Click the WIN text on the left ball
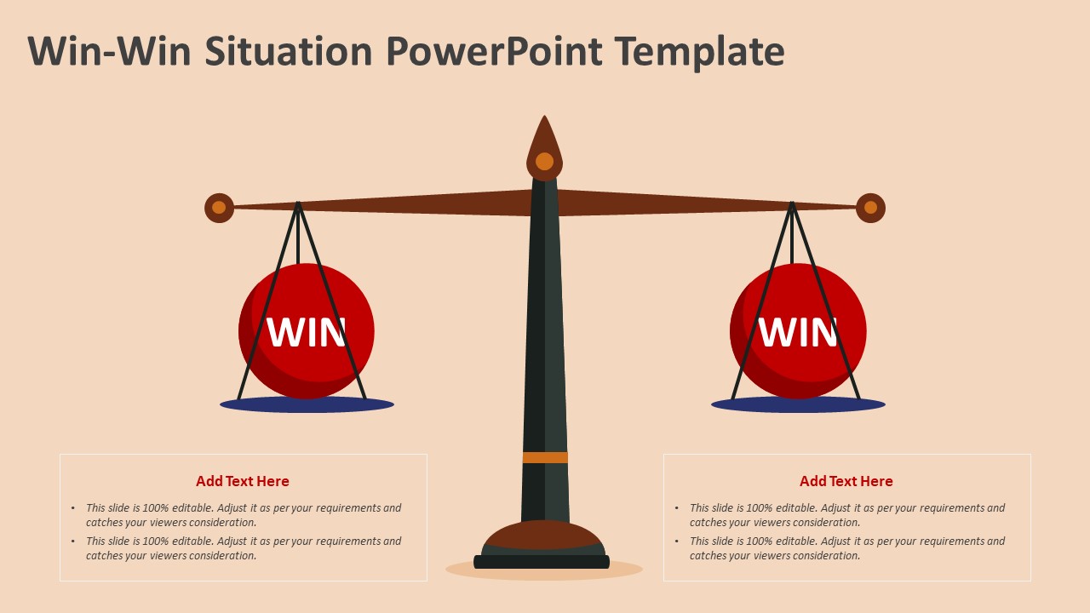(307, 332)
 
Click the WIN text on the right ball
(798, 332)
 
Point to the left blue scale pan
(307, 405)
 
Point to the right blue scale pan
(798, 405)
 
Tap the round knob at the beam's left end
(219, 208)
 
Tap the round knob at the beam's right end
(870, 208)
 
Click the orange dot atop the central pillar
(544, 161)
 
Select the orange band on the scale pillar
(545, 457)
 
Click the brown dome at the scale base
(543, 535)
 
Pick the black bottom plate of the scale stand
(542, 562)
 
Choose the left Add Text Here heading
(243, 481)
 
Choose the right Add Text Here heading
(846, 481)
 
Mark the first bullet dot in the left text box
(73, 508)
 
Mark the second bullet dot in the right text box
(677, 541)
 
